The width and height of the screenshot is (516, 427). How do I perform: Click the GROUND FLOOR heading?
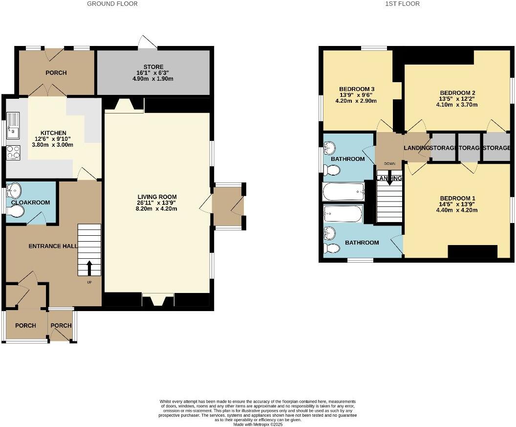(112, 4)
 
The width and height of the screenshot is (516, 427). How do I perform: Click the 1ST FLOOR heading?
(403, 4)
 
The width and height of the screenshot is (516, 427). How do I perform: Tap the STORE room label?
(153, 67)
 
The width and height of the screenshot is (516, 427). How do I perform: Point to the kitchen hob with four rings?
(13, 153)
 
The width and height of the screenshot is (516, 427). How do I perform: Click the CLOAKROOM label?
(31, 202)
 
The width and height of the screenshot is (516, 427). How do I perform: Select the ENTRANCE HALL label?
(53, 246)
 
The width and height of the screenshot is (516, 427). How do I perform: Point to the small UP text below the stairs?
(89, 282)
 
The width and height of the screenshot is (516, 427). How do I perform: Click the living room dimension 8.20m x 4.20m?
(157, 209)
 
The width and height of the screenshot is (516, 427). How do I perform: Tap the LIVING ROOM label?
(157, 197)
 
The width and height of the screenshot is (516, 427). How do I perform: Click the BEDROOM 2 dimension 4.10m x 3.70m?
(457, 105)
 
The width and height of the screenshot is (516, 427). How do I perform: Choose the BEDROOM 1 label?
(457, 198)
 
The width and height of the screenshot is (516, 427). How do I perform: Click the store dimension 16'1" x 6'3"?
(153, 73)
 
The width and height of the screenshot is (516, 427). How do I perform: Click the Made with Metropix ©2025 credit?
(258, 424)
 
